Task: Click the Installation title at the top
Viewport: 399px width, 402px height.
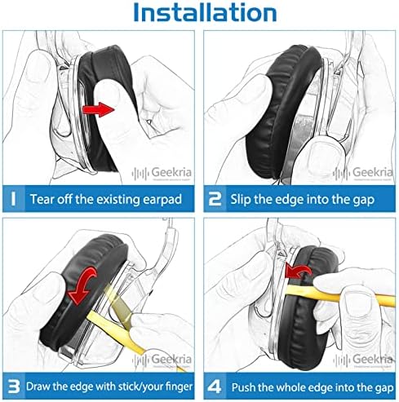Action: pyautogui.click(x=200, y=14)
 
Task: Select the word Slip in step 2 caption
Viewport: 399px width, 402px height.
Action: pyautogui.click(x=242, y=197)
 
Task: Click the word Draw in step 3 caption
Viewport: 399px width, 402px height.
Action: pyautogui.click(x=43, y=384)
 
